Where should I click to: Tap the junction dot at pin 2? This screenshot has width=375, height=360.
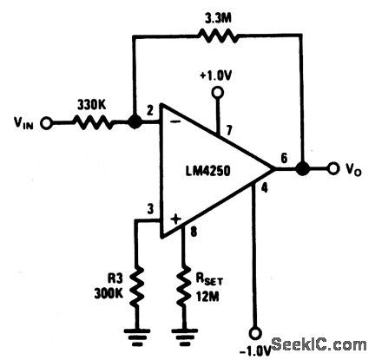[135, 122]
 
